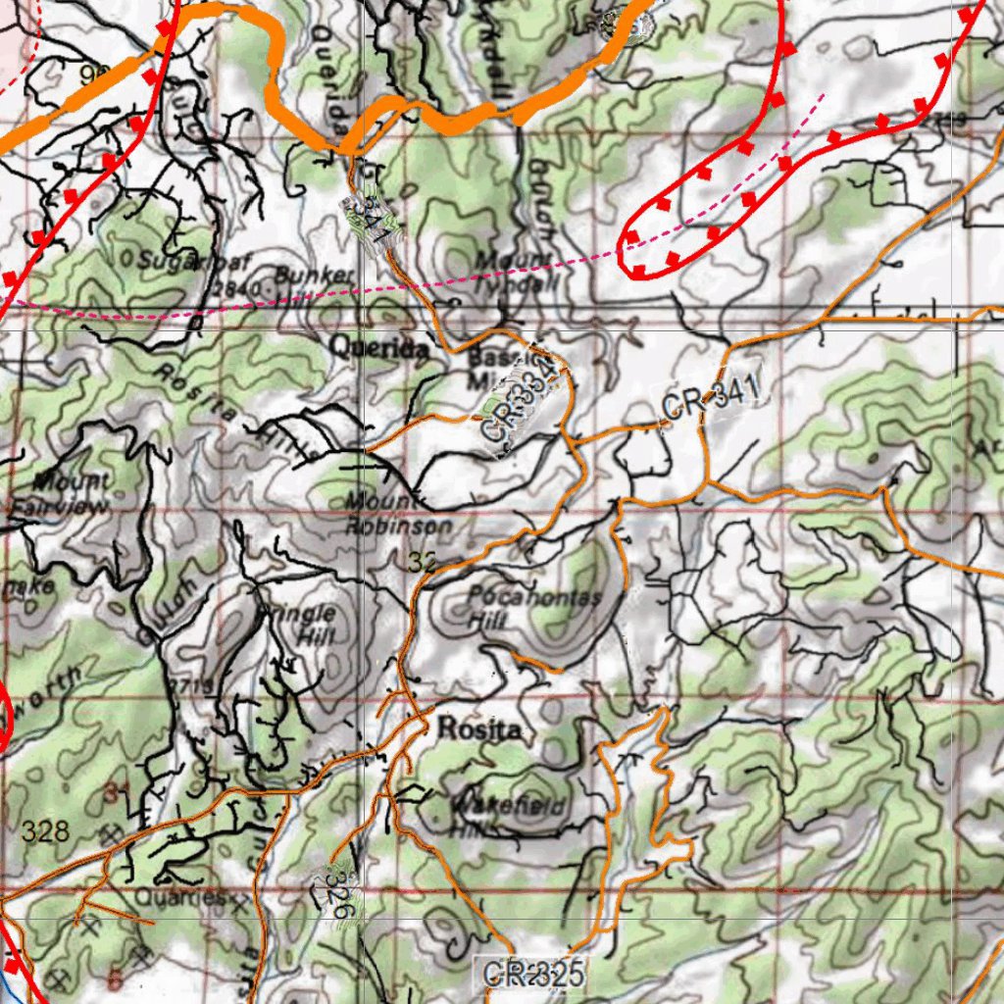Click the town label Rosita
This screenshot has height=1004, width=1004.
478,729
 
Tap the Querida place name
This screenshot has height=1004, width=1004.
378,347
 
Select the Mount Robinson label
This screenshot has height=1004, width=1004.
398,514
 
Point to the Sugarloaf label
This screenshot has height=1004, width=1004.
180,260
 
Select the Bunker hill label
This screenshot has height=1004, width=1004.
312,276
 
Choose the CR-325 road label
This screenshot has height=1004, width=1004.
533,974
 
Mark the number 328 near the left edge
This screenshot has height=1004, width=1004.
45,833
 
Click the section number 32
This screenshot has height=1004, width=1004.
422,562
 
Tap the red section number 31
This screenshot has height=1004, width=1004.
116,793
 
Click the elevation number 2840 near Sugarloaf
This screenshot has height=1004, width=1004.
236,289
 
